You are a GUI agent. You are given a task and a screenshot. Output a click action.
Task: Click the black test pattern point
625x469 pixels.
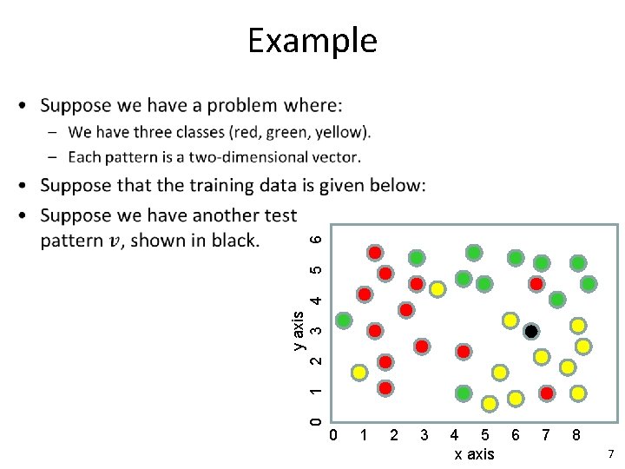pos(531,332)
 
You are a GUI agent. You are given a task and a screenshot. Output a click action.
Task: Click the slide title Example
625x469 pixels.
pos(312,41)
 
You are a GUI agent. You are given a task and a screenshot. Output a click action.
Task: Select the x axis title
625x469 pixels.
pos(473,454)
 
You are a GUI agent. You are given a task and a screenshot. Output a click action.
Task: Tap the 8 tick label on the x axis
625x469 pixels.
pos(575,434)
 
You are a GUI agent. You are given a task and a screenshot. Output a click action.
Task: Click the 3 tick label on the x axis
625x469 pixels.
pos(424,434)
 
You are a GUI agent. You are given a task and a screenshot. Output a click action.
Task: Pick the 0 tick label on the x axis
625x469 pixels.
pos(333,434)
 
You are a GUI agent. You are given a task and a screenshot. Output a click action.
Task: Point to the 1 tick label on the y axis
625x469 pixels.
pos(318,392)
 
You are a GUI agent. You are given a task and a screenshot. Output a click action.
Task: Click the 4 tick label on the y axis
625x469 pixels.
pos(318,300)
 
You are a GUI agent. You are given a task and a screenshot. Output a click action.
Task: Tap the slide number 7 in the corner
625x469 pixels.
pos(610,454)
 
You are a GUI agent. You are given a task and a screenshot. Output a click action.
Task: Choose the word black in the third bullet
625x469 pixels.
pos(231,241)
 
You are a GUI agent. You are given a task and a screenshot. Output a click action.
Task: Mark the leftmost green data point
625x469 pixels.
pos(345,320)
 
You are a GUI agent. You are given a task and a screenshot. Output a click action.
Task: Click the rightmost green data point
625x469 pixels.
pos(589,283)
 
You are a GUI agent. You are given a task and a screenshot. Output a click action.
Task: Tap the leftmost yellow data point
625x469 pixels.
pos(359,373)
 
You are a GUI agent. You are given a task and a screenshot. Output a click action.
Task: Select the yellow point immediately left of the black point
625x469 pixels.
pos(510,320)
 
